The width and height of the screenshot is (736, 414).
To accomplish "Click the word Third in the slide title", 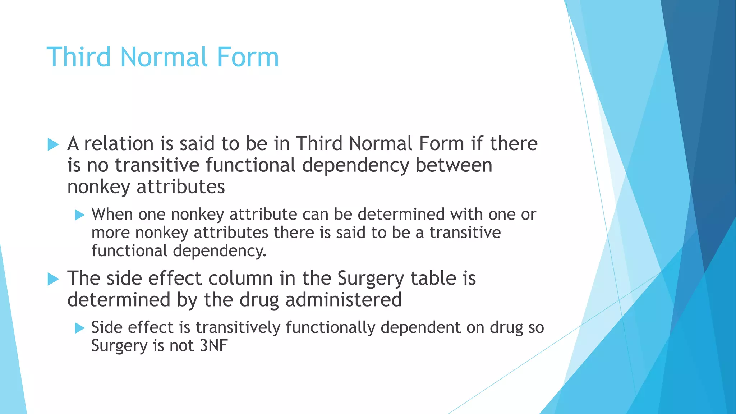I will [x=79, y=57].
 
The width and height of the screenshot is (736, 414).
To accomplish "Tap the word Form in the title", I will [x=247, y=57].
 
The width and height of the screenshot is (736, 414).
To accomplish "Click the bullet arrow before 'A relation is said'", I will [x=53, y=145].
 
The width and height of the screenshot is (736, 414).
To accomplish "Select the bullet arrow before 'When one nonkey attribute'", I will [x=80, y=215].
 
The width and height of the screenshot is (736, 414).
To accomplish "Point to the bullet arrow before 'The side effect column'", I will [x=53, y=279].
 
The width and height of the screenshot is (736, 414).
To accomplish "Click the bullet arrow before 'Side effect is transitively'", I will [x=80, y=328].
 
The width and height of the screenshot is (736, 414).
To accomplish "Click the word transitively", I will [x=238, y=327].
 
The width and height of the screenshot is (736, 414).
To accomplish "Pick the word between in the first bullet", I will [x=454, y=165].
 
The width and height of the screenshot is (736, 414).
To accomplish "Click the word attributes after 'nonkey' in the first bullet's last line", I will [x=180, y=187].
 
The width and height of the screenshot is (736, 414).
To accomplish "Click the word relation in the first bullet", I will [x=119, y=144].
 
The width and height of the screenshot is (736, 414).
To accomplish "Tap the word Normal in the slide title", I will [x=164, y=57].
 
